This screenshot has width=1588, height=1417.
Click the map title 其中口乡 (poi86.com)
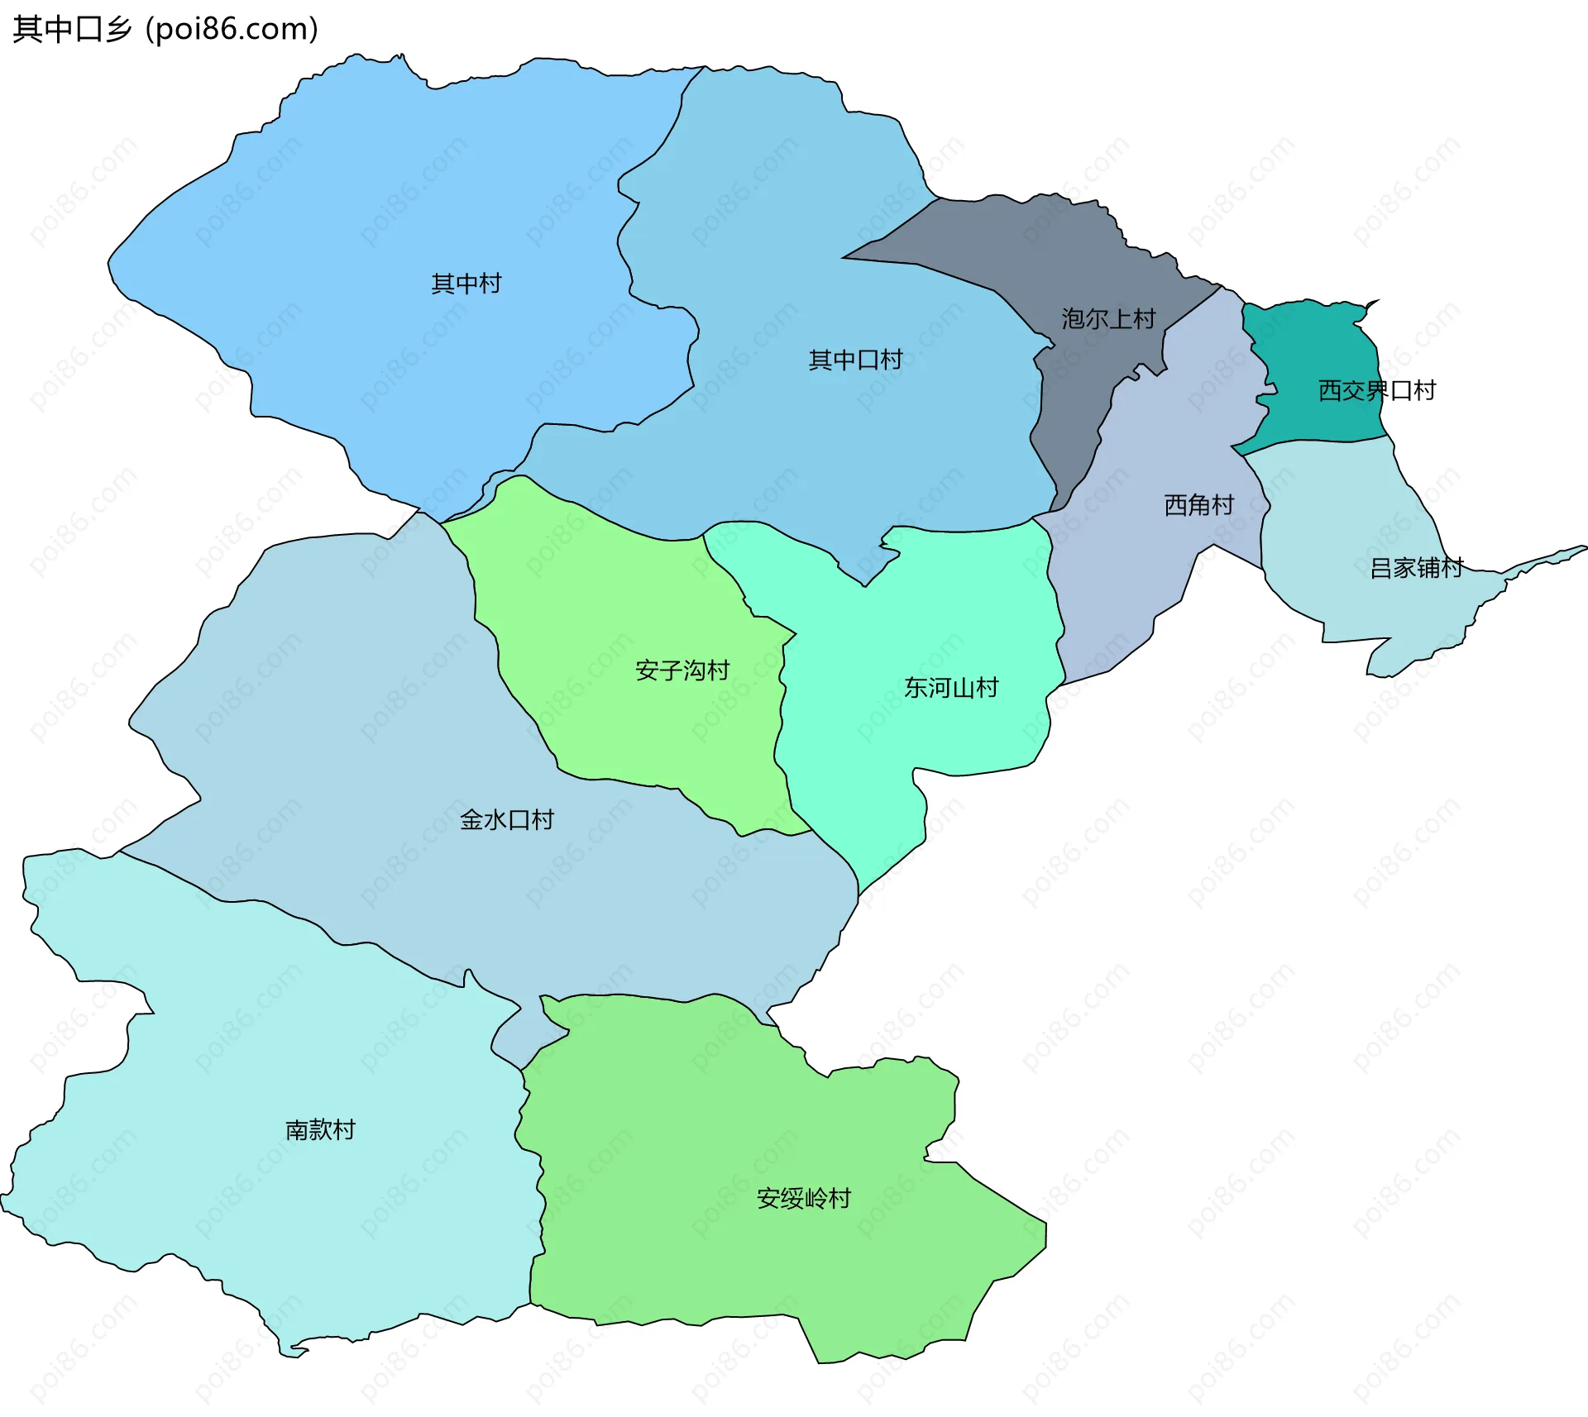pyautogui.click(x=165, y=29)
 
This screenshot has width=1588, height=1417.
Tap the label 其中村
pyautogui.click(x=466, y=284)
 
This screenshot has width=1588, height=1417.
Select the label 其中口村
pyautogui.click(x=855, y=360)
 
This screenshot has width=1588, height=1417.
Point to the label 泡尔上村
pyautogui.click(x=1108, y=318)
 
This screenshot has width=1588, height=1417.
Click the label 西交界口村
pyautogui.click(x=1376, y=390)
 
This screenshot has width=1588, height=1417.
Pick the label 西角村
pyautogui.click(x=1198, y=504)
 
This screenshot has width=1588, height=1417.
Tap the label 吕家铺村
pyautogui.click(x=1416, y=568)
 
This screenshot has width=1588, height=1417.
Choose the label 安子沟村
pyautogui.click(x=682, y=670)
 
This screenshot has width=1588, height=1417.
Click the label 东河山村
pyautogui.click(x=951, y=687)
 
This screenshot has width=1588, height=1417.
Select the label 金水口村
pyautogui.click(x=506, y=819)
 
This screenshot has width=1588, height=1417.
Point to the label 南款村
pyautogui.click(x=320, y=1129)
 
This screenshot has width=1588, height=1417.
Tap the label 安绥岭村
pyautogui.click(x=803, y=1198)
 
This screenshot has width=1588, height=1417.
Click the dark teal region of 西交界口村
pyautogui.click(x=1315, y=347)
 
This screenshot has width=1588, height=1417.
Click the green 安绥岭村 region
pyautogui.click(x=744, y=1116)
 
